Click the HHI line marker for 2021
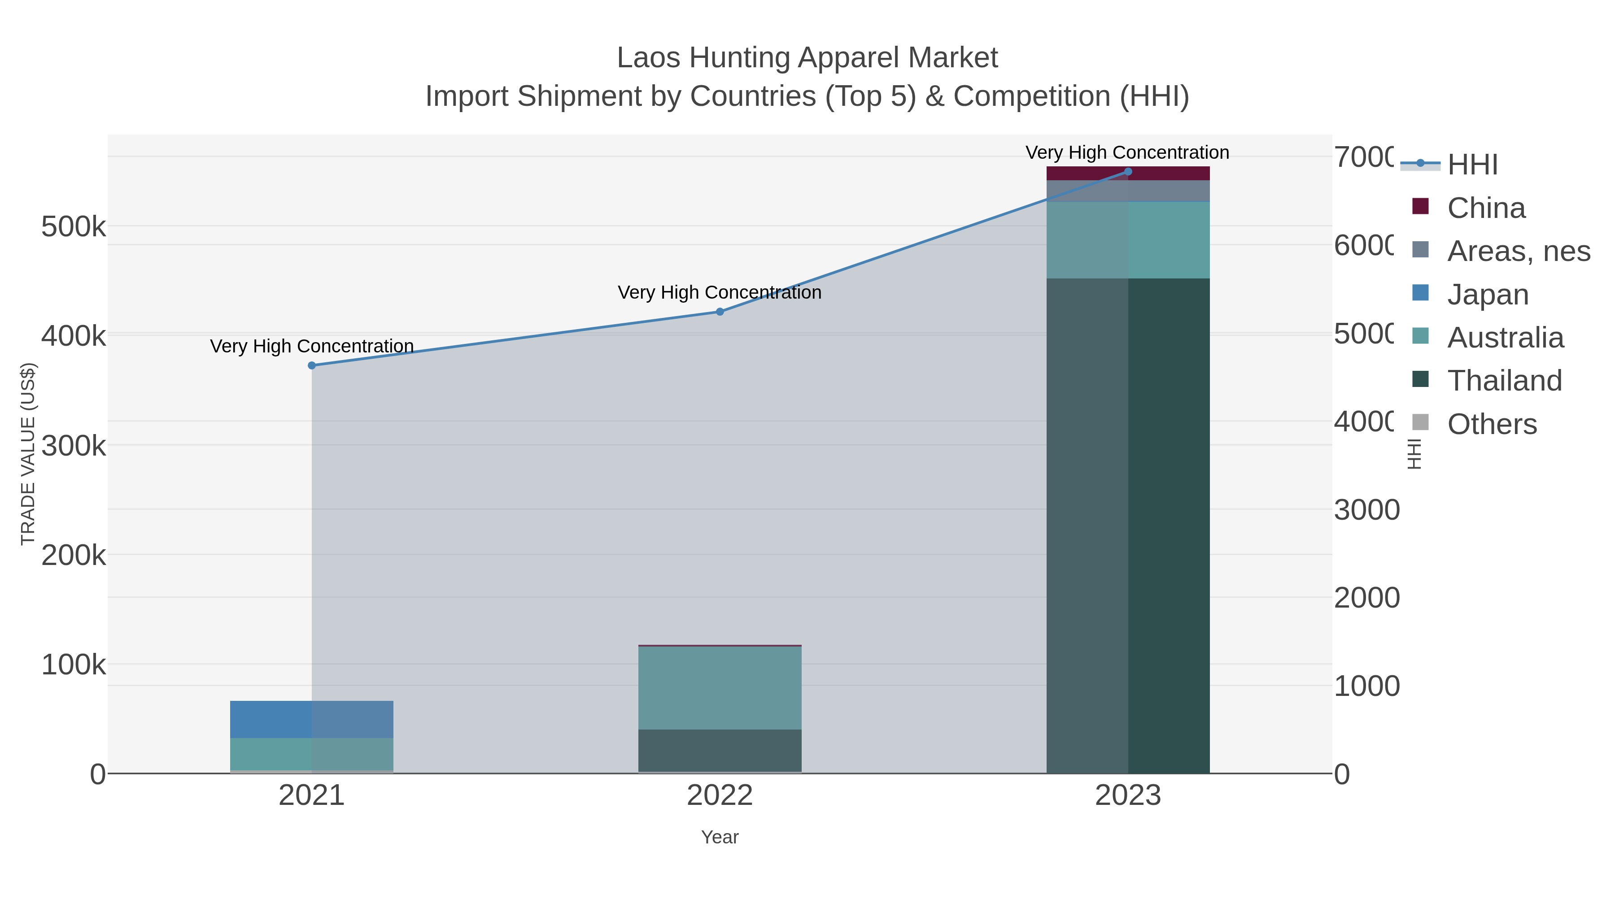point(312,365)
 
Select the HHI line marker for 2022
point(720,312)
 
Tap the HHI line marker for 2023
point(1128,172)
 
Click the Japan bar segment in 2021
point(312,719)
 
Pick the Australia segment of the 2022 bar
point(720,687)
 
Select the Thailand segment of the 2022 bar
point(720,750)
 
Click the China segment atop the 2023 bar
point(1128,174)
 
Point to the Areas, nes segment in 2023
point(1128,191)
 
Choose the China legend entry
point(1485,208)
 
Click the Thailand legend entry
point(1504,380)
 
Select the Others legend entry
point(1492,424)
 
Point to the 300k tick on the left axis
point(74,446)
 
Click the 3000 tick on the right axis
point(1366,510)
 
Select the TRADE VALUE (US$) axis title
point(28,454)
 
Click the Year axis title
point(720,837)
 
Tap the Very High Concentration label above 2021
point(312,346)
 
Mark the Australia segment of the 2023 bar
point(1128,240)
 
